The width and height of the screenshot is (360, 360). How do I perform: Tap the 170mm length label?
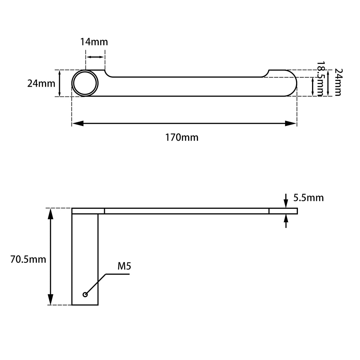click(x=182, y=138)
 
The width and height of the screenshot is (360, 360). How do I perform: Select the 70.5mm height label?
click(x=28, y=259)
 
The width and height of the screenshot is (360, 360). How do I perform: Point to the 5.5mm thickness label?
click(x=308, y=198)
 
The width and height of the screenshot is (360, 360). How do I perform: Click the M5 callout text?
click(x=124, y=266)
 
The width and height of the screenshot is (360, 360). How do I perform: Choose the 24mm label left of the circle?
click(x=41, y=83)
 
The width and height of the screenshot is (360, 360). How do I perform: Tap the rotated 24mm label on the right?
click(x=338, y=82)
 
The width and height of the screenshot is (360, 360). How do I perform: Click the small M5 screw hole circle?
click(x=85, y=295)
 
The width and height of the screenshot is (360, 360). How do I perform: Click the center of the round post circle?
click(x=85, y=83)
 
